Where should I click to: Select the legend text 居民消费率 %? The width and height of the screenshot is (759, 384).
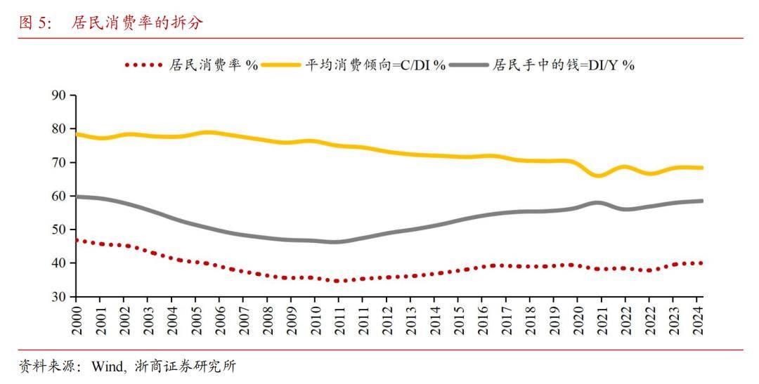214,65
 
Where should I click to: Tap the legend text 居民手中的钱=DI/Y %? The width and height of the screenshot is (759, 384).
564,65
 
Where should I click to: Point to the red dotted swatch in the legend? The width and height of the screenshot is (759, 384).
144,65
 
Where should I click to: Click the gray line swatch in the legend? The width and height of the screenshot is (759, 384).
468,65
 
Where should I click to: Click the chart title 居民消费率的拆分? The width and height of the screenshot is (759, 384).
137,23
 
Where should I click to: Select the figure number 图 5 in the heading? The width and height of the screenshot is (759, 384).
35,23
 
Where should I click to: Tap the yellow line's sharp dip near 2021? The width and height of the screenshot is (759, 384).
599,176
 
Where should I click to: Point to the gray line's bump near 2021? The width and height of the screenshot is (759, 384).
597,203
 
